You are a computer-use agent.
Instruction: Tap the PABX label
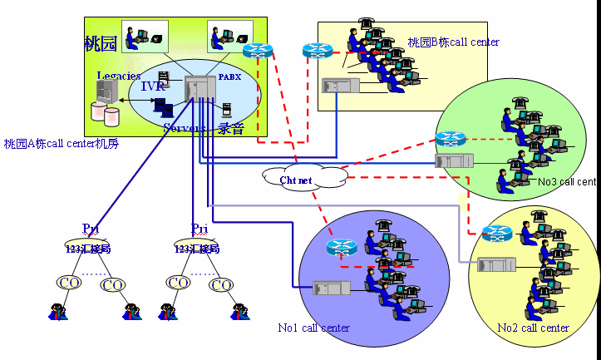[229, 76]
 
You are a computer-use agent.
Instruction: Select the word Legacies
[118, 76]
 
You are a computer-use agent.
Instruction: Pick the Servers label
[184, 128]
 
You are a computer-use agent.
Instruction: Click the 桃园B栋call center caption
[453, 42]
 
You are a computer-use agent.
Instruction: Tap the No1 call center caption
[313, 328]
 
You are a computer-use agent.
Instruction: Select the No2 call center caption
[533, 328]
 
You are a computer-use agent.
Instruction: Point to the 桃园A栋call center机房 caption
[62, 144]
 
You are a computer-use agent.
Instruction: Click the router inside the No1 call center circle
[340, 246]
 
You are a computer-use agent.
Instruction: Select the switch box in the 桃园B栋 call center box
[340, 85]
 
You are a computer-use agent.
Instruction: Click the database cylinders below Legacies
[105, 111]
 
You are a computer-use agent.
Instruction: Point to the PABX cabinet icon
[200, 86]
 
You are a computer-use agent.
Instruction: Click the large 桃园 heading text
[101, 43]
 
